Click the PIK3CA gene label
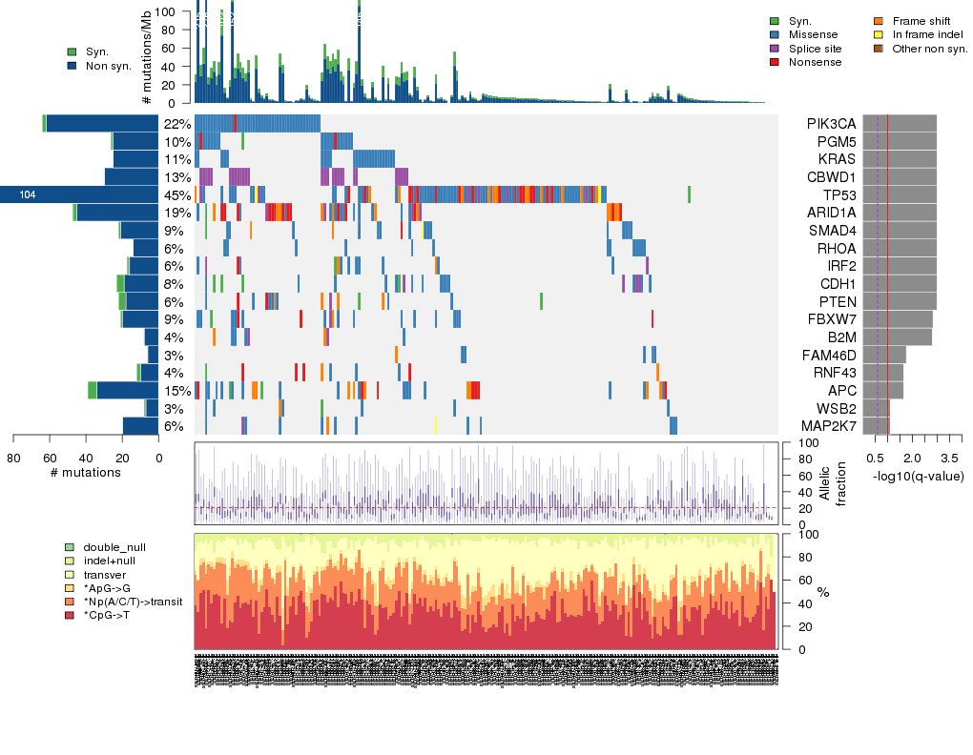831,124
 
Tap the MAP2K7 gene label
828,426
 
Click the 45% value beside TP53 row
176,194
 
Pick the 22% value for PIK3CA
176,124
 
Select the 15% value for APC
176,391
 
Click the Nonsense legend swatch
775,62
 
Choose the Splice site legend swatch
775,49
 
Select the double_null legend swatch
70,548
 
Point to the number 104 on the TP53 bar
28,195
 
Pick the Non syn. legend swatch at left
72,66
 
